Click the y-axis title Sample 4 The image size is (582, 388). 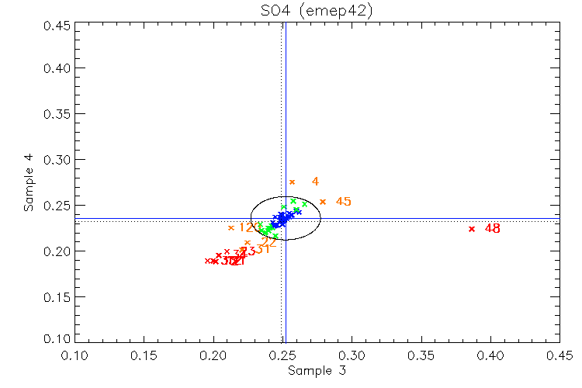click(x=28, y=183)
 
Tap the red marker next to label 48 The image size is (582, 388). click(x=472, y=229)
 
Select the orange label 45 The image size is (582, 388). click(x=343, y=202)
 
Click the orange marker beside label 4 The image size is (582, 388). click(x=293, y=182)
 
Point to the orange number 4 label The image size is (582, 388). click(x=315, y=182)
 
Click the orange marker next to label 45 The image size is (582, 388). click(x=323, y=202)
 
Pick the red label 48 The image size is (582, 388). click(x=493, y=229)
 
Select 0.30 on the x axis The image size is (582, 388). click(x=352, y=355)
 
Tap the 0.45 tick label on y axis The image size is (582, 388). click(x=56, y=26)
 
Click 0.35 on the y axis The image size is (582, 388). click(x=56, y=114)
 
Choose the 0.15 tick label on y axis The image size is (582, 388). click(x=56, y=297)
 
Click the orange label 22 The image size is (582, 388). click(x=268, y=242)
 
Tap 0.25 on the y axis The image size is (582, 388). click(x=56, y=206)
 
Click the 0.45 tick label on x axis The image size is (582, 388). click(x=559, y=355)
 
